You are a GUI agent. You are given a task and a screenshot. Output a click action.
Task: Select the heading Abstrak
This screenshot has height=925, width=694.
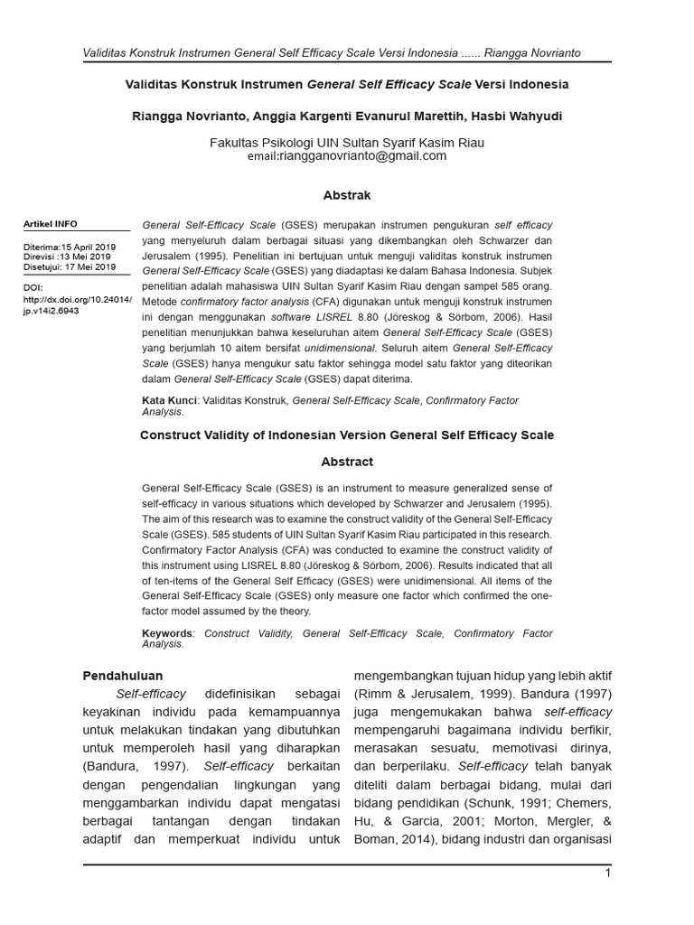347,195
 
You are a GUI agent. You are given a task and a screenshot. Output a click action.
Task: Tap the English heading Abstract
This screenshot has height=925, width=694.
347,462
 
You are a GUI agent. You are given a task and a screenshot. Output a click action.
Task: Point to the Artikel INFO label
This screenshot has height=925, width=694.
50,224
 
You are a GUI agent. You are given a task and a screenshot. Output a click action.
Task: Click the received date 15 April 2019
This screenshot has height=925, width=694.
88,247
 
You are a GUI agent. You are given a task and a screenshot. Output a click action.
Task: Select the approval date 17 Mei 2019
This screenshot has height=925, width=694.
89,266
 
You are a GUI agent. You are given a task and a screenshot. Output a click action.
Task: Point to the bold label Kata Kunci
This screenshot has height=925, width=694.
170,400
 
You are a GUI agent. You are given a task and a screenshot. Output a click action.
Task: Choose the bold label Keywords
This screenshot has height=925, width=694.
167,633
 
